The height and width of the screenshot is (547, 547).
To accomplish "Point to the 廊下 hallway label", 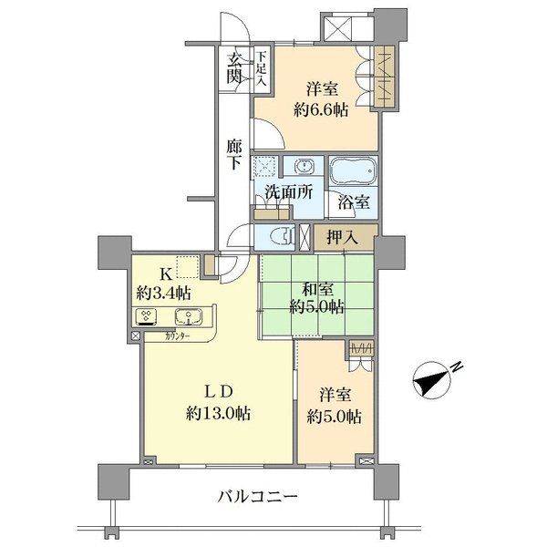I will coord(235,152).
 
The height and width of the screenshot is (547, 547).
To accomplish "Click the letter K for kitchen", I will coord(166,273).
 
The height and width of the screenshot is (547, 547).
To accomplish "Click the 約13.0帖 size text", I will coord(219,413).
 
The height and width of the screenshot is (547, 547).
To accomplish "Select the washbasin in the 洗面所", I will coord(302,169).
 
